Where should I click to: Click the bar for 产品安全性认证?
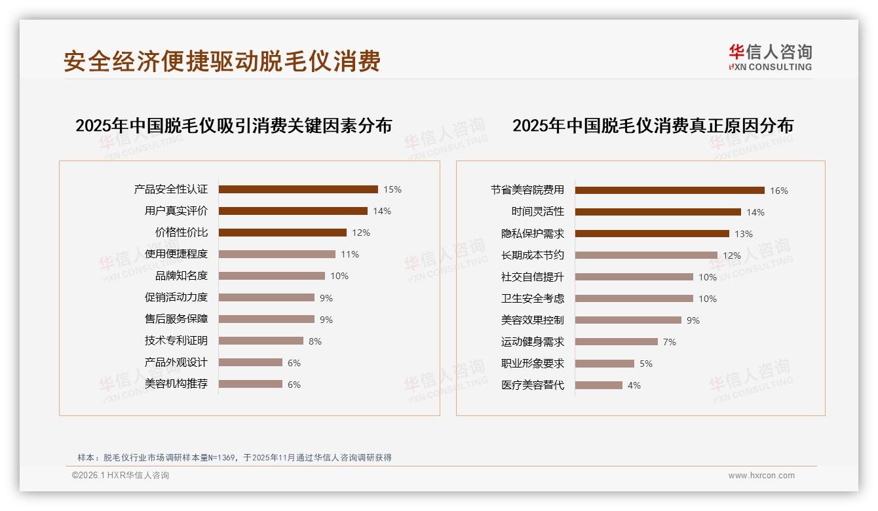click(x=298, y=189)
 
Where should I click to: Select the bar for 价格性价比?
click(x=282, y=233)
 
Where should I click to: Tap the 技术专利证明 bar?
click(x=261, y=341)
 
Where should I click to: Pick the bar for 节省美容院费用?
click(x=670, y=191)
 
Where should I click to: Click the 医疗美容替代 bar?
click(x=599, y=385)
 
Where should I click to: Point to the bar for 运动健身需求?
click(x=617, y=342)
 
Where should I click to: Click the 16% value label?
click(x=779, y=191)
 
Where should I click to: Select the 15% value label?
click(x=392, y=190)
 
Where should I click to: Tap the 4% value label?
click(x=634, y=386)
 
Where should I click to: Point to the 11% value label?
click(x=350, y=255)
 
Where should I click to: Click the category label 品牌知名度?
click(x=181, y=276)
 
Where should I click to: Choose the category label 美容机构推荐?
click(x=176, y=384)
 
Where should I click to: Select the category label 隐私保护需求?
click(x=533, y=234)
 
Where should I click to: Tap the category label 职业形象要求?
click(x=533, y=364)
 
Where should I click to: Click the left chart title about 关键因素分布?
click(x=233, y=126)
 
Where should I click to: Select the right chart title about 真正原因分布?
click(x=653, y=126)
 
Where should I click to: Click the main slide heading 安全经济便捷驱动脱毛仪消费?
click(x=222, y=62)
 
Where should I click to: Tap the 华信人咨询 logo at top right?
click(x=770, y=57)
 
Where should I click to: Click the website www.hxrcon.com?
click(x=761, y=476)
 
